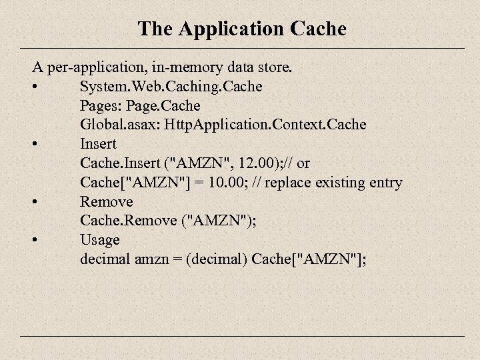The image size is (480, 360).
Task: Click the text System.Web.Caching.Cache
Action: tap(171, 87)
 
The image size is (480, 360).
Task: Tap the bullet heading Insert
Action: tap(98, 144)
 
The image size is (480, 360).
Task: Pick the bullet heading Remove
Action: tap(106, 201)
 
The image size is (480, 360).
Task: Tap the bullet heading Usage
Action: tap(100, 239)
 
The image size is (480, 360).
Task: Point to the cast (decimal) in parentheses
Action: tap(218, 259)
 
